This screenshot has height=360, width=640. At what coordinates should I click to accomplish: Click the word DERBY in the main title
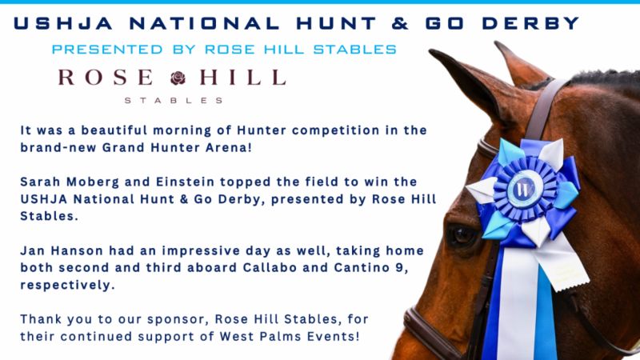point(530,23)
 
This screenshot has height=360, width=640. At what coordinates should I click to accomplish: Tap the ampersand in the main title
point(400,23)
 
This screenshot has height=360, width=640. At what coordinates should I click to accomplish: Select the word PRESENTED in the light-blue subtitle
point(107,50)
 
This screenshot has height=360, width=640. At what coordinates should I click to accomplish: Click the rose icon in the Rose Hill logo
point(178,78)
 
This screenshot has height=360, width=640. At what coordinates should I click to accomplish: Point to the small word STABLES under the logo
point(174,101)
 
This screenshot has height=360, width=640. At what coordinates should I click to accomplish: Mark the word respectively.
point(68,285)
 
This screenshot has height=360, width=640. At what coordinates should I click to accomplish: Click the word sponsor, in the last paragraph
point(178,319)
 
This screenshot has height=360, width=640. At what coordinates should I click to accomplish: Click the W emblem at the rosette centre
point(524,189)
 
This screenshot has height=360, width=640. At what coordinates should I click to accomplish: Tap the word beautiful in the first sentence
point(114,130)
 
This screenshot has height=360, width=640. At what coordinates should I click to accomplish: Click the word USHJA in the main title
point(63,23)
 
